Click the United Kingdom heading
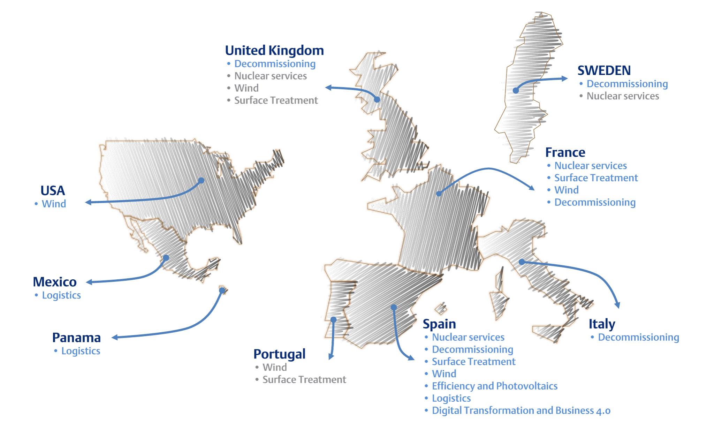click(x=274, y=51)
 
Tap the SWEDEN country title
click(x=604, y=70)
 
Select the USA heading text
click(x=53, y=191)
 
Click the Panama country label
click(x=76, y=338)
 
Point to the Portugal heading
click(x=279, y=354)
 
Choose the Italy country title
click(x=602, y=324)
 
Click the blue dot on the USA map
click(x=201, y=181)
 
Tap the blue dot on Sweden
click(x=516, y=91)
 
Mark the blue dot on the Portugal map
click(x=334, y=319)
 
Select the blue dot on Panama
click(x=222, y=290)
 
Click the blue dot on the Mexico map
click(x=166, y=258)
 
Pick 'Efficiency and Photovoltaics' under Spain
click(x=494, y=386)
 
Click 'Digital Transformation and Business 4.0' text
click(x=521, y=410)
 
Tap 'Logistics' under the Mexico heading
click(x=61, y=295)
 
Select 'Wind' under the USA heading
click(x=54, y=204)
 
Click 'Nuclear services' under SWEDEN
click(x=623, y=96)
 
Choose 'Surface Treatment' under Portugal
click(x=304, y=379)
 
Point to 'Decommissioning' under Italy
click(x=638, y=337)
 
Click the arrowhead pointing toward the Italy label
click(x=617, y=305)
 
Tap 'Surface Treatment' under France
click(x=596, y=178)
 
